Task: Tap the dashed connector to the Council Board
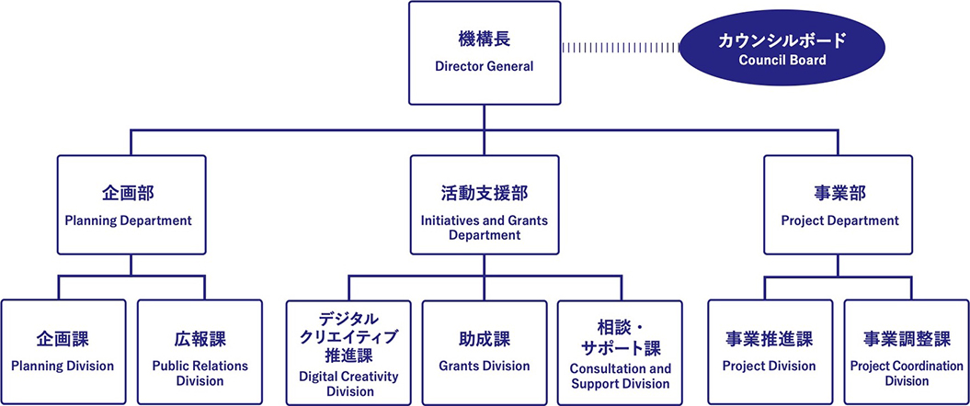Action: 620,48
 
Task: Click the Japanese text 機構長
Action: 485,40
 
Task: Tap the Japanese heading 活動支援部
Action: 485,194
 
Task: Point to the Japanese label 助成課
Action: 485,340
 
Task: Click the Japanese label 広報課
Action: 200,339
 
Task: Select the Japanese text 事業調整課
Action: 907,339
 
